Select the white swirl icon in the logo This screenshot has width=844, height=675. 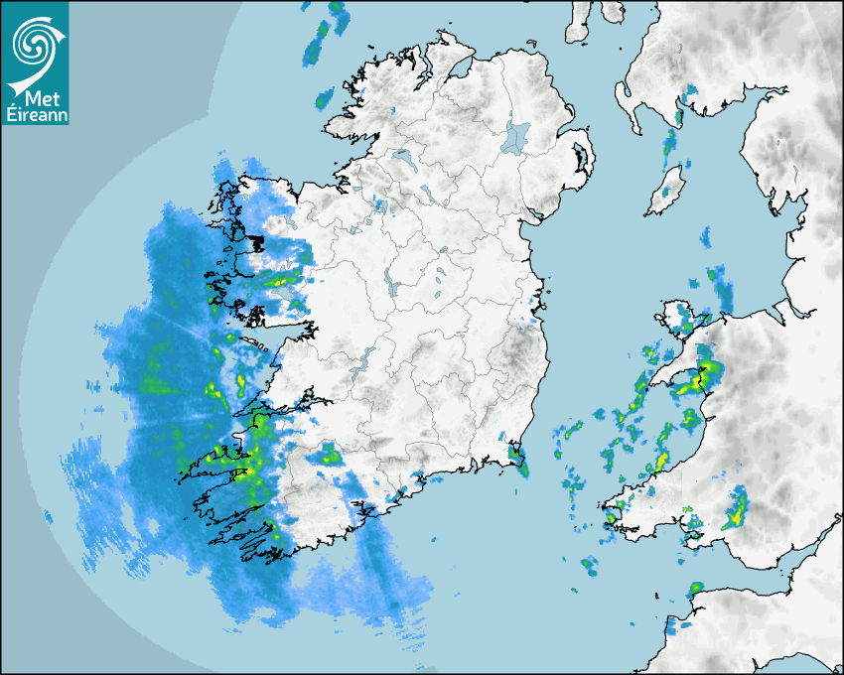pyautogui.click(x=32, y=43)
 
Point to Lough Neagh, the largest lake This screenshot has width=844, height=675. pyautogui.click(x=516, y=136)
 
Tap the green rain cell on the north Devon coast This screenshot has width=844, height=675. pyautogui.click(x=694, y=590)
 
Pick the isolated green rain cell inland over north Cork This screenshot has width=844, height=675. pyautogui.click(x=328, y=456)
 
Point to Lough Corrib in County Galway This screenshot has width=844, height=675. pyautogui.click(x=283, y=287)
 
